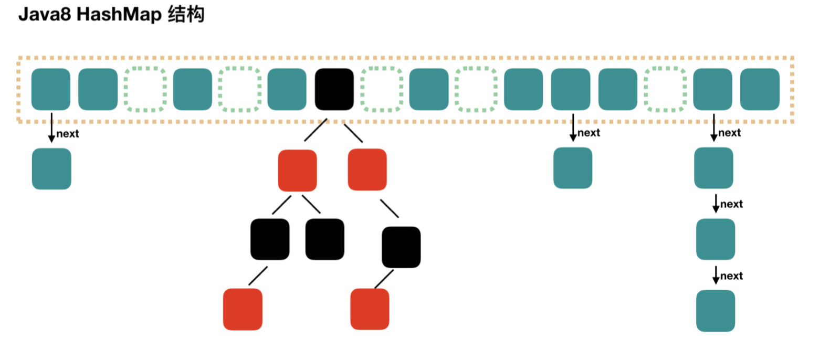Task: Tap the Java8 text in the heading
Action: click(x=45, y=15)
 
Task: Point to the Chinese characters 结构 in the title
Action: click(x=186, y=15)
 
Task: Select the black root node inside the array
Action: click(x=334, y=89)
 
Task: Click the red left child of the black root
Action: click(x=297, y=170)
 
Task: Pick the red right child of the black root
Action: click(x=367, y=170)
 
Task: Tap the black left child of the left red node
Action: click(x=270, y=239)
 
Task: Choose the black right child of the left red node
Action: click(x=325, y=239)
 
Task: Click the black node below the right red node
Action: click(x=401, y=247)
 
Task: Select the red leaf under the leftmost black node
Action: click(x=243, y=309)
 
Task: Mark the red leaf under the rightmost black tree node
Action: click(x=370, y=309)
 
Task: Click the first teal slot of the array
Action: click(x=51, y=89)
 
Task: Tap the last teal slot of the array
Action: click(x=760, y=89)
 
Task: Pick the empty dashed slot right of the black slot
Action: click(x=382, y=89)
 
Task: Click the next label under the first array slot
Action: click(x=68, y=133)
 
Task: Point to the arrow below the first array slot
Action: click(x=51, y=127)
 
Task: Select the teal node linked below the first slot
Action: click(x=51, y=168)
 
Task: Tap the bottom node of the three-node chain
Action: click(x=716, y=311)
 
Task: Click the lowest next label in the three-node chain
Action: click(x=731, y=276)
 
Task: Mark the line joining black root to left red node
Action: click(x=316, y=130)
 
